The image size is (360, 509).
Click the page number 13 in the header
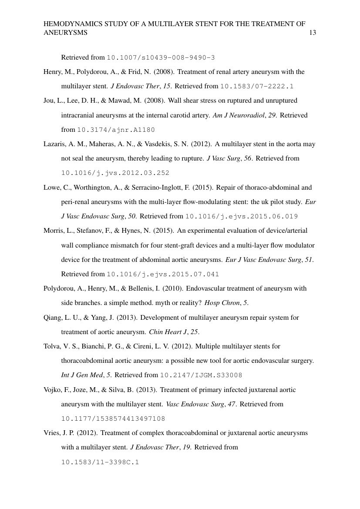click(312, 33)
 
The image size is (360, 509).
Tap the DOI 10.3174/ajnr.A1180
click(116, 130)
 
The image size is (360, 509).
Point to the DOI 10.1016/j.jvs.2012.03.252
click(115, 173)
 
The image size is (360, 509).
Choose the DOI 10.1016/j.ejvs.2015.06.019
click(242, 216)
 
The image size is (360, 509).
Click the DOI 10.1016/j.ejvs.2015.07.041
click(163, 274)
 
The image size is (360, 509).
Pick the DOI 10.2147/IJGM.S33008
click(201, 375)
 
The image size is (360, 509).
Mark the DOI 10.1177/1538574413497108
click(113, 419)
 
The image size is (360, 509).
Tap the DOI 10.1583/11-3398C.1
click(100, 462)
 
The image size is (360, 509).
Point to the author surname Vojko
click(52, 390)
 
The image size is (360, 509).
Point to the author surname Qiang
click(53, 318)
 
